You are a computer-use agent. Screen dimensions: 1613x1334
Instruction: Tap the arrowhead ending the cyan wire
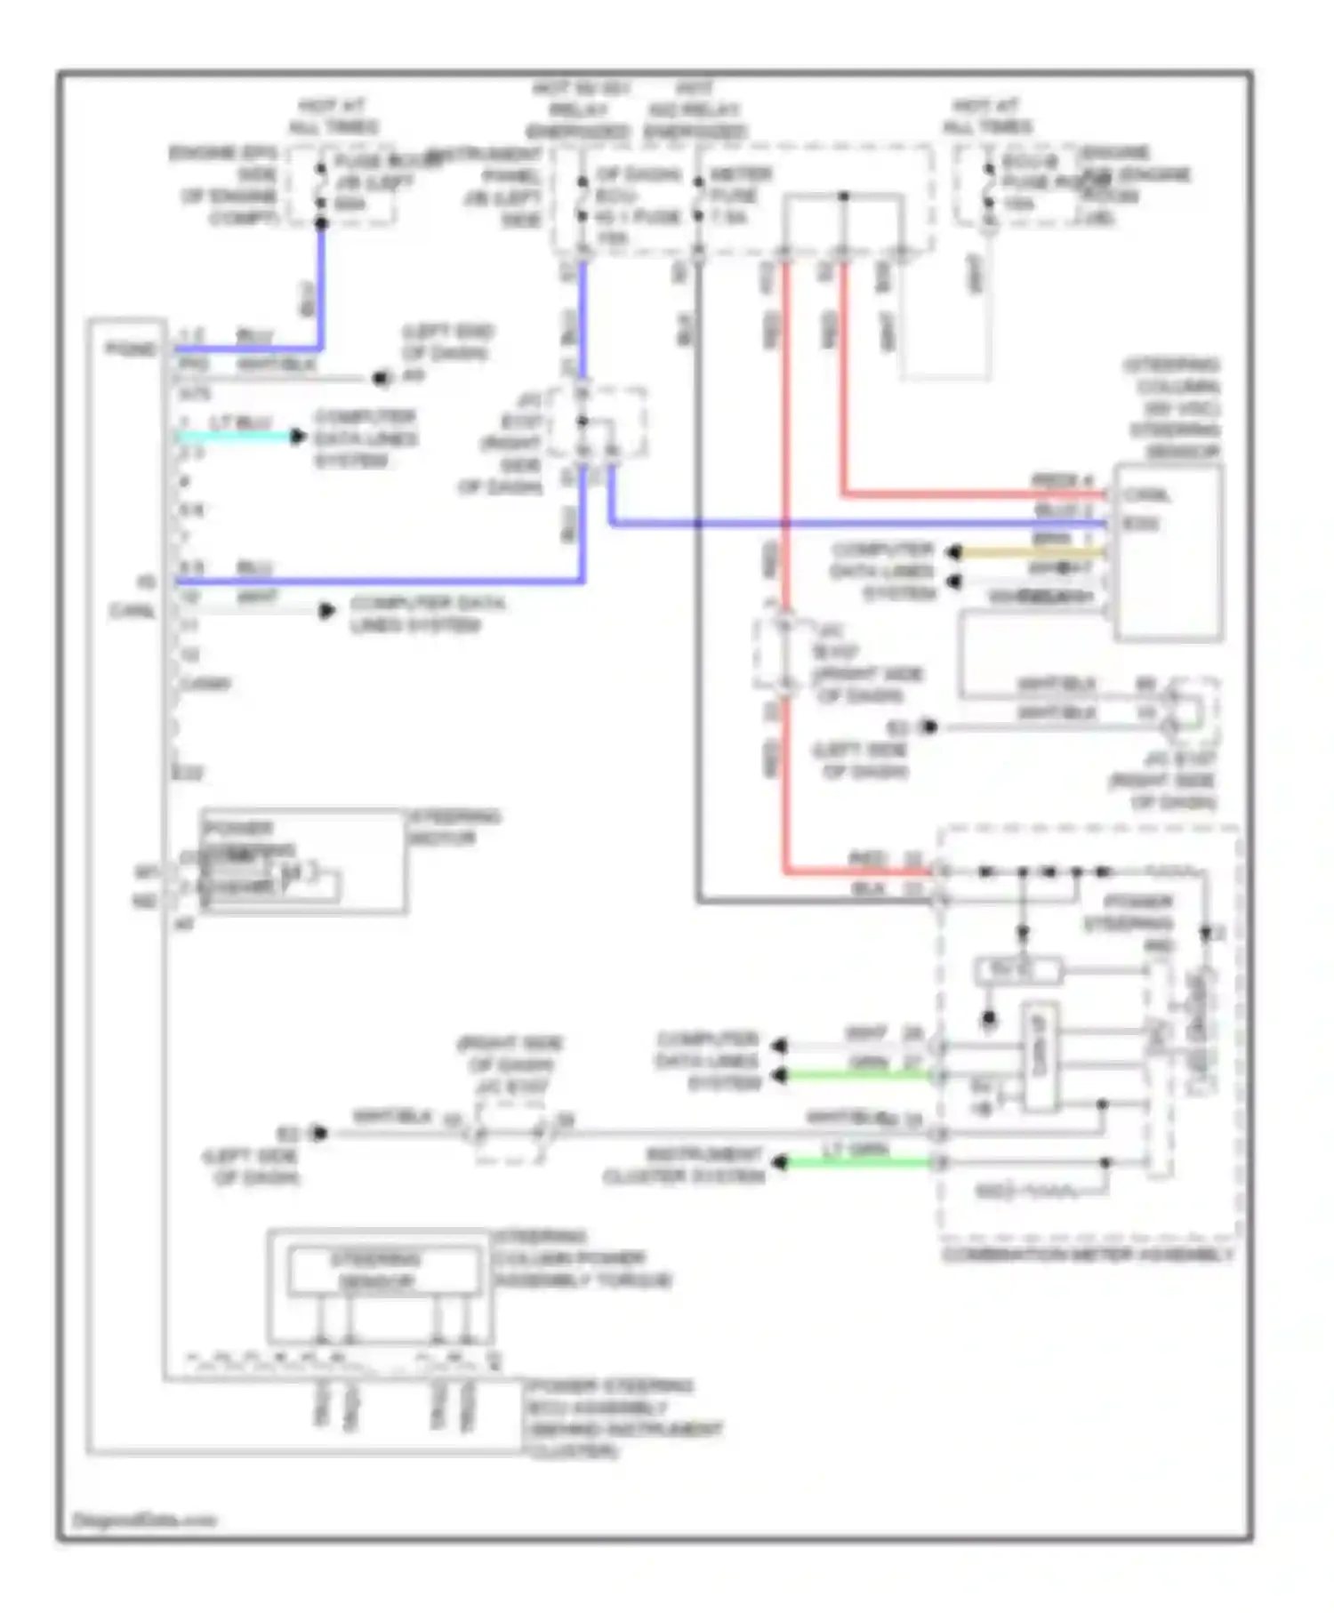pyautogui.click(x=297, y=437)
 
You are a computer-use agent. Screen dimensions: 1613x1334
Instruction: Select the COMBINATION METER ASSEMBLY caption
pyautogui.click(x=1087, y=1255)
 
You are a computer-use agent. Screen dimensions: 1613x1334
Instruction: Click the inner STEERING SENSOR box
pyautogui.click(x=382, y=1271)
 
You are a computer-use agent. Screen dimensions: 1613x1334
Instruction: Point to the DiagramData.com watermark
pyautogui.click(x=144, y=1520)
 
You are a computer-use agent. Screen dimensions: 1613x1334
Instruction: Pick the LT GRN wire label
pyautogui.click(x=856, y=1149)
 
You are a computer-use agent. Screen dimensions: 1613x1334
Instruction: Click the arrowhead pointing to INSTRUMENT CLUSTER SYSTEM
pyautogui.click(x=780, y=1162)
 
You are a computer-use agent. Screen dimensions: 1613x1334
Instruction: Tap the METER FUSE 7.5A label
pyautogui.click(x=740, y=196)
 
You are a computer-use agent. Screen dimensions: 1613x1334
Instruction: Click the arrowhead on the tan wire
pyautogui.click(x=953, y=553)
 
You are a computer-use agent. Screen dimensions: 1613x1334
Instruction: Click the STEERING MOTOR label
pyautogui.click(x=454, y=827)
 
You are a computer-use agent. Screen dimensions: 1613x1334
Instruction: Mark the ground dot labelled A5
pyautogui.click(x=382, y=378)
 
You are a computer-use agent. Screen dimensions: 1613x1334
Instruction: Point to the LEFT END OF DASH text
pyautogui.click(x=447, y=342)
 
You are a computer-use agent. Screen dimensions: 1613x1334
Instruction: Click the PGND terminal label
pyautogui.click(x=131, y=349)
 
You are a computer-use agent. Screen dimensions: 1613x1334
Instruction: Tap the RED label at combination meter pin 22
pyautogui.click(x=867, y=859)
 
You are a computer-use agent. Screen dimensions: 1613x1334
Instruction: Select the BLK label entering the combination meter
pyautogui.click(x=868, y=888)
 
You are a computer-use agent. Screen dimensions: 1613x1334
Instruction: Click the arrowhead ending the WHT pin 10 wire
pyautogui.click(x=327, y=611)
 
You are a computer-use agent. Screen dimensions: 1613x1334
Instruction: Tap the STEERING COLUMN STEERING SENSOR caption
pyautogui.click(x=1172, y=408)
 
